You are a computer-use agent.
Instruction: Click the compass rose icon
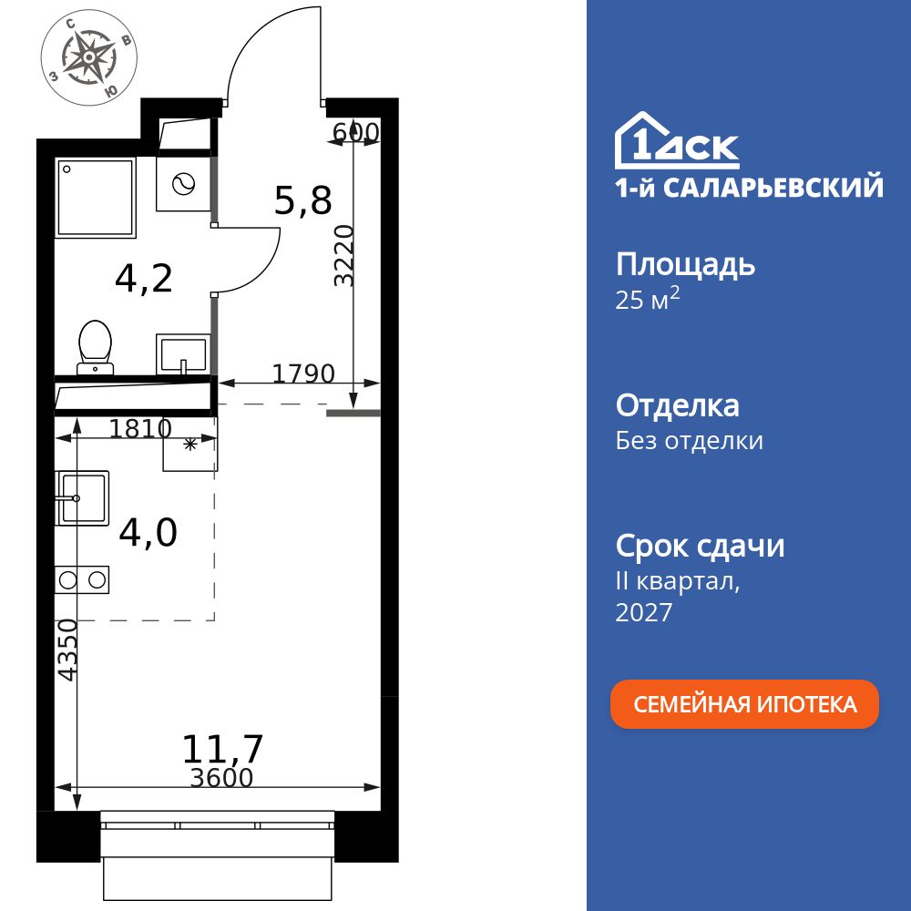pos(90,57)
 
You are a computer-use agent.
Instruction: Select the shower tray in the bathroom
pos(95,198)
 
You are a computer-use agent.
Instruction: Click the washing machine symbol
pos(183,184)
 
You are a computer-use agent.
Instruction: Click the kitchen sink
pos(82,497)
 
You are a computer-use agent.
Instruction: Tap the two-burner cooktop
pos(82,579)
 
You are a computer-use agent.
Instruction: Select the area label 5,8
pos(302,201)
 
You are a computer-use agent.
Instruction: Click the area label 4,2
pos(144,279)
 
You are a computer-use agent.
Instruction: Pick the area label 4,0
pos(148,533)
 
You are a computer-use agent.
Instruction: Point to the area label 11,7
pos(222,749)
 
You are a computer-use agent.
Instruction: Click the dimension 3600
pos(221,778)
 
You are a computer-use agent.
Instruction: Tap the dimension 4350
pos(67,649)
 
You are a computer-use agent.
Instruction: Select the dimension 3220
pos(343,255)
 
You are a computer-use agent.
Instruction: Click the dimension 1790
pos(304,374)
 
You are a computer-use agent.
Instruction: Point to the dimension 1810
pos(140,428)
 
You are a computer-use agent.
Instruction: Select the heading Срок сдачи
pos(700,547)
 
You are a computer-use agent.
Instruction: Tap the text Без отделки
pos(689,441)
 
